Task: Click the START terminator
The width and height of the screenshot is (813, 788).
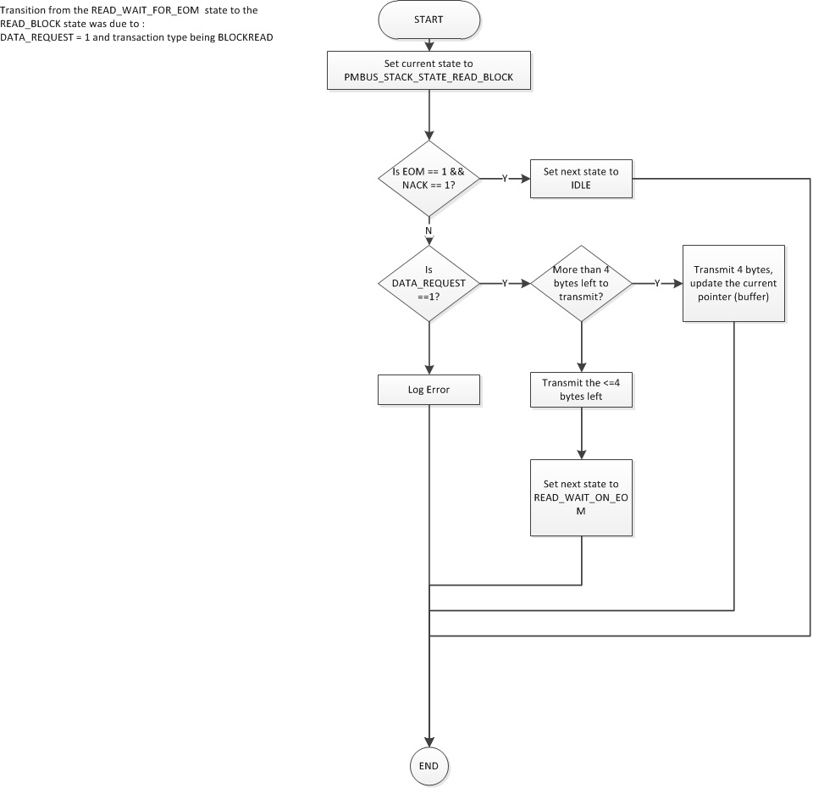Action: [x=429, y=19]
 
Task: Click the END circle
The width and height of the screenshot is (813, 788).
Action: [x=429, y=766]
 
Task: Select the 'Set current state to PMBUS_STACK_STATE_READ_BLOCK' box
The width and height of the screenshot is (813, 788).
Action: [x=429, y=72]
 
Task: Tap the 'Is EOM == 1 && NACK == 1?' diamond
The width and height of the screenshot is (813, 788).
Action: [x=429, y=178]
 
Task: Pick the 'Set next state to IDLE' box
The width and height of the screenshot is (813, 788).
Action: [x=581, y=178]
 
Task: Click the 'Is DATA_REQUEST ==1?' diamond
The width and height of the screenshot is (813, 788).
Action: [x=429, y=283]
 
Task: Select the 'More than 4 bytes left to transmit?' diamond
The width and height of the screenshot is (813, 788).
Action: [x=581, y=283]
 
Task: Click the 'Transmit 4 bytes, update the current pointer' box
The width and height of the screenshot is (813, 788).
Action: [x=733, y=283]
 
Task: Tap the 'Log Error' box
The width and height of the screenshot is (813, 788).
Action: [x=429, y=390]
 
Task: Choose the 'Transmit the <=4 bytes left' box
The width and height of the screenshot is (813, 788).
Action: [x=581, y=390]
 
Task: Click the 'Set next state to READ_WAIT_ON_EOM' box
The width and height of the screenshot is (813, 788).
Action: [x=581, y=497]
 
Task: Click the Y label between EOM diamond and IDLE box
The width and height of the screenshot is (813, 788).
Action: [x=506, y=179]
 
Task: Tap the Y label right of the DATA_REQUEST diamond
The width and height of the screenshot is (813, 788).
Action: [x=506, y=284]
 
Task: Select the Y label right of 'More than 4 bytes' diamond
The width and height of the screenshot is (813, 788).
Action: [x=657, y=284]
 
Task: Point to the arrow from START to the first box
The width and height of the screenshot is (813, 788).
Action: [x=429, y=44]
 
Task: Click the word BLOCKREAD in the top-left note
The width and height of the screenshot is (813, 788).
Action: [x=245, y=37]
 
